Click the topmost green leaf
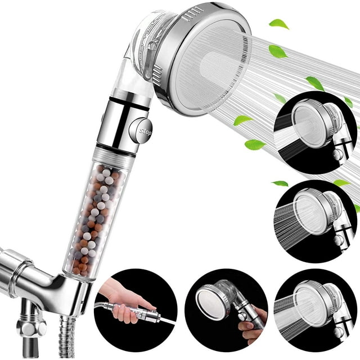tap(278, 24)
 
